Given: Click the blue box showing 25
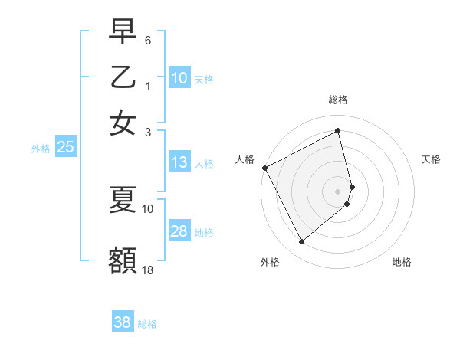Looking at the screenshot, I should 65,148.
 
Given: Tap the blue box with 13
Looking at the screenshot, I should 179,162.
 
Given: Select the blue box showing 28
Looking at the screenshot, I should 179,231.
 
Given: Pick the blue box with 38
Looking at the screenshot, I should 123,322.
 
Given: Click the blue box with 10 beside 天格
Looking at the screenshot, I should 179,78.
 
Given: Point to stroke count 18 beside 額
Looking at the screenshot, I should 148,270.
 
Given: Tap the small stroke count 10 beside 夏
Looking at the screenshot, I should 148,208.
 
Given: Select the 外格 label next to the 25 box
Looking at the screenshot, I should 41,149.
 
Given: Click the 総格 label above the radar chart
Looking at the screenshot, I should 338,100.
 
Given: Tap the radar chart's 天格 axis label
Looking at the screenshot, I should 432,159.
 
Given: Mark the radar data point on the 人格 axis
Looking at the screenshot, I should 265,167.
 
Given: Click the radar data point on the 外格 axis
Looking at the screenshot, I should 301,242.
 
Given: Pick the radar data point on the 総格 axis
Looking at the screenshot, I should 338,131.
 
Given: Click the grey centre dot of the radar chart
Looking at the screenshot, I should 338,190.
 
